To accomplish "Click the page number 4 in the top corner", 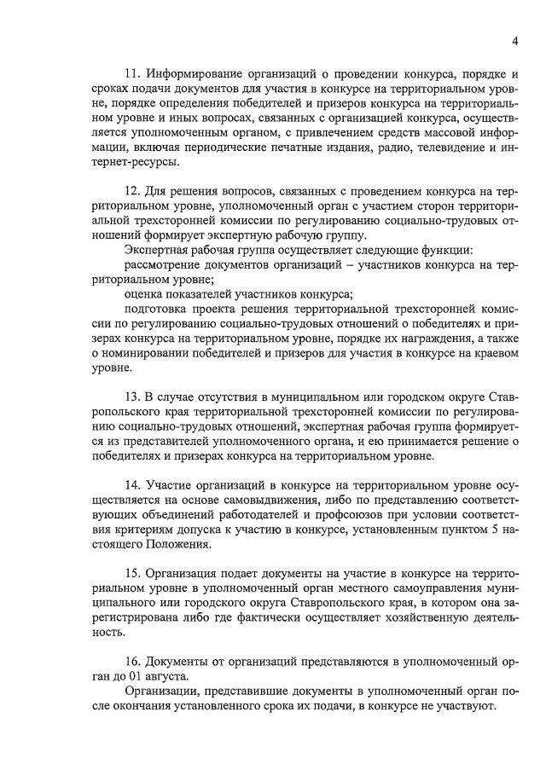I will [x=515, y=41].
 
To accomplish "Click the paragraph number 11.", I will [x=132, y=72].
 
